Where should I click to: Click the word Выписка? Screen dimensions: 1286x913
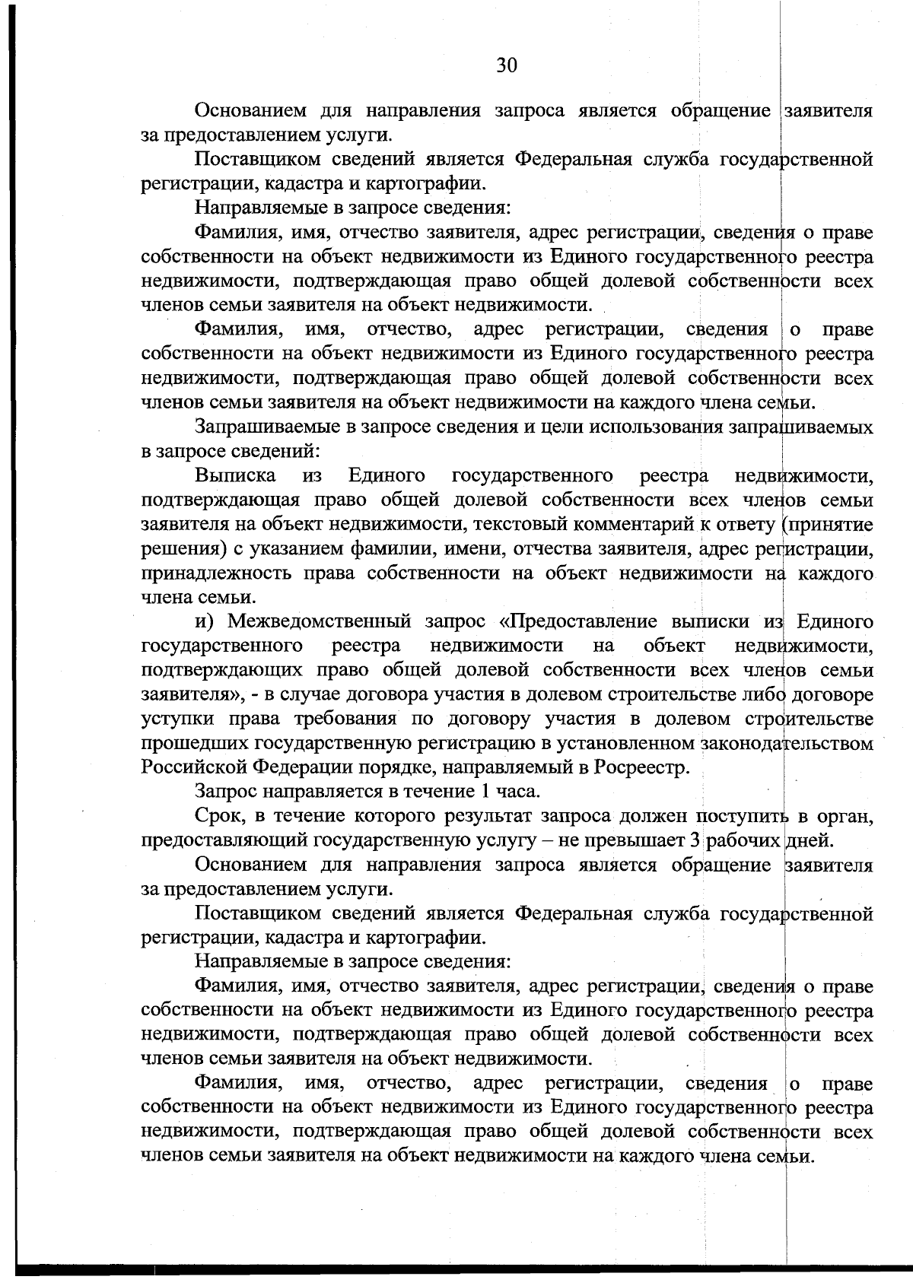coord(235,476)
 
